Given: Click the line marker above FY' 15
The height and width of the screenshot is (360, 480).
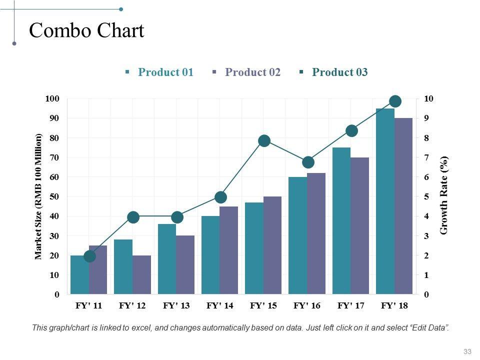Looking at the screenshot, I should (x=264, y=140).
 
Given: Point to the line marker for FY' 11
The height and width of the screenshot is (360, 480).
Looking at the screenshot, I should (x=89, y=256).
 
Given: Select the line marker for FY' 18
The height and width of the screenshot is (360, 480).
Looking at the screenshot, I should (x=395, y=101).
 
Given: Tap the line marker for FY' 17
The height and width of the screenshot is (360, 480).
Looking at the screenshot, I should (x=351, y=131).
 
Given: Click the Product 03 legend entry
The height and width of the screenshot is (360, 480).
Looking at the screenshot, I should (x=339, y=72).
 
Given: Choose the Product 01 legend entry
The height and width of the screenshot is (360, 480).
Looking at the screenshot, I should (x=165, y=72).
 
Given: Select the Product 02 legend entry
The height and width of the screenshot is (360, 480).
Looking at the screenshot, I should (x=252, y=72).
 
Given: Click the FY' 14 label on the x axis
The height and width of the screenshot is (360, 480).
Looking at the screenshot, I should (x=220, y=306).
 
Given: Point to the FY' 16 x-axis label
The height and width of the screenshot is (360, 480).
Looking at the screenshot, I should (x=307, y=306).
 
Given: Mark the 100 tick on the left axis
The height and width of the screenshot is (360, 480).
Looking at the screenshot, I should (x=51, y=98).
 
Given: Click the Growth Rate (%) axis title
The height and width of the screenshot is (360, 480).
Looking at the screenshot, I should (x=444, y=195).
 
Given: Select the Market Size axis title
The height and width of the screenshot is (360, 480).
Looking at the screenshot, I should (x=38, y=196).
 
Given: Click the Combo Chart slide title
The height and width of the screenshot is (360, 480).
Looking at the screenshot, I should (x=86, y=31).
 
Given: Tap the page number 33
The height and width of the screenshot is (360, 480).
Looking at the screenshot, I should (x=467, y=351).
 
